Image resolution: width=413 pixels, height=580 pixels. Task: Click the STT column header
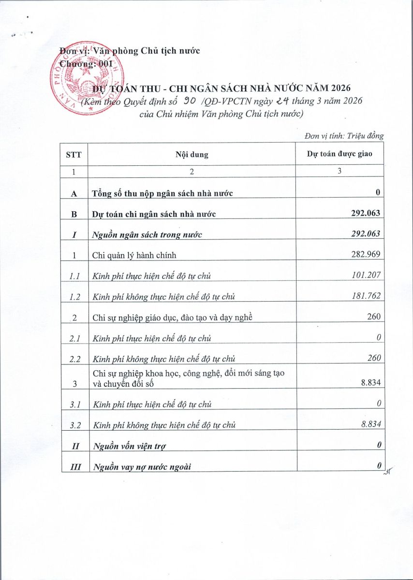[74, 155]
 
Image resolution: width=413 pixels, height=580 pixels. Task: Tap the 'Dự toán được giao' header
[339, 155]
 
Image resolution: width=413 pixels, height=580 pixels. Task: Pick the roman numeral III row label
[74, 466]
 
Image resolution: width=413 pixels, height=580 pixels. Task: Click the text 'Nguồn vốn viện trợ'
[129, 446]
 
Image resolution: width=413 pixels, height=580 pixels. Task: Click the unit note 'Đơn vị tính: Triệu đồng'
[344, 136]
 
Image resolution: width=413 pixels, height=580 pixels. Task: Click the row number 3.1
[74, 404]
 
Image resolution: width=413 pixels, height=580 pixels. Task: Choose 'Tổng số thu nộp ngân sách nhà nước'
[163, 193]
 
